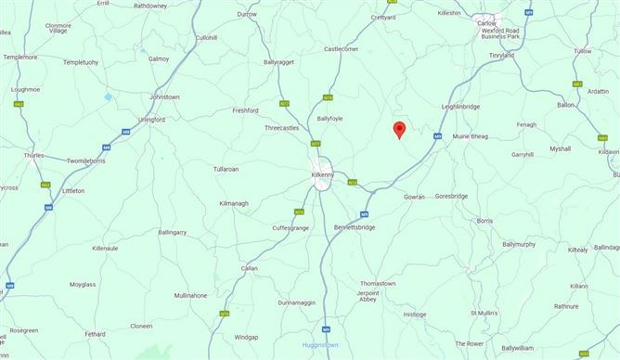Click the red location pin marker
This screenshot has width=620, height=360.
coord(399,130)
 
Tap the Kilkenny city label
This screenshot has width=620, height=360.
coord(325,161)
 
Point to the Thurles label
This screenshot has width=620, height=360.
coord(33,155)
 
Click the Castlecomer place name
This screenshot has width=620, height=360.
coord(341,48)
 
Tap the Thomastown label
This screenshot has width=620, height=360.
coord(378,282)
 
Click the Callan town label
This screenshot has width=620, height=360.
coord(249,267)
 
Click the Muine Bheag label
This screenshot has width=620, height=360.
coord(470,136)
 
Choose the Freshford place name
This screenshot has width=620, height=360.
coord(245,110)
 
